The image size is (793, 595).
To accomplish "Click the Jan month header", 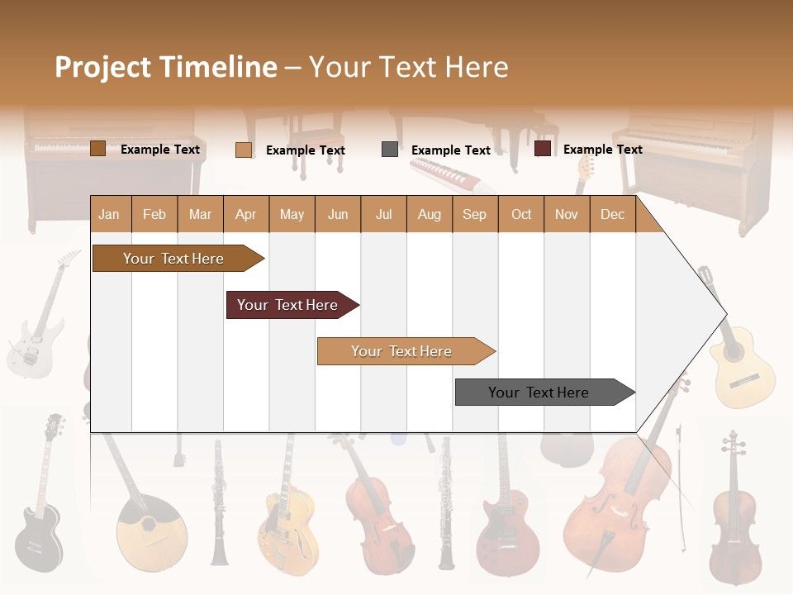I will (109, 214).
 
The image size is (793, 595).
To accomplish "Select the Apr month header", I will (245, 214).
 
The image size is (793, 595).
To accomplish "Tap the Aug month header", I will (429, 214).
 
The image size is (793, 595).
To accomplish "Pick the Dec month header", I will (612, 214).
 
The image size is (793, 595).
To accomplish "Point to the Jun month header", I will (337, 214).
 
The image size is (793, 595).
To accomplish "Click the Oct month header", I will (520, 214).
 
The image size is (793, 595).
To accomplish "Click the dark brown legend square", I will (97, 149).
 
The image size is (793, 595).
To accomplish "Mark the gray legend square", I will (389, 150).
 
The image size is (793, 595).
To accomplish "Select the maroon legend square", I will (542, 149).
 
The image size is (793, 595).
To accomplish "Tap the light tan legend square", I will (243, 150).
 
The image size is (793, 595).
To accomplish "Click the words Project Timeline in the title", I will (165, 67).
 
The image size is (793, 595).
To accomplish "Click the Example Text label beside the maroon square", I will (602, 150).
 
